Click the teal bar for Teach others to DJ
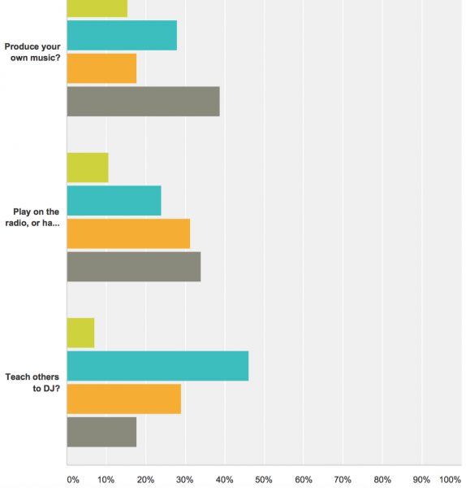[157, 365]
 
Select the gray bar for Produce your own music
[143, 101]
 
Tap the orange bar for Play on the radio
[128, 233]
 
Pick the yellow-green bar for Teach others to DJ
[80, 333]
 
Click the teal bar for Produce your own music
[122, 35]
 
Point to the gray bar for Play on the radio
[133, 266]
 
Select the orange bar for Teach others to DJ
[123, 399]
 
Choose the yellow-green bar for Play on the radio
[87, 168]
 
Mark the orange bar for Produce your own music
[101, 68]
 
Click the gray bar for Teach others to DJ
[101, 431]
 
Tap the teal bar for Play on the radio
[114, 200]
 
